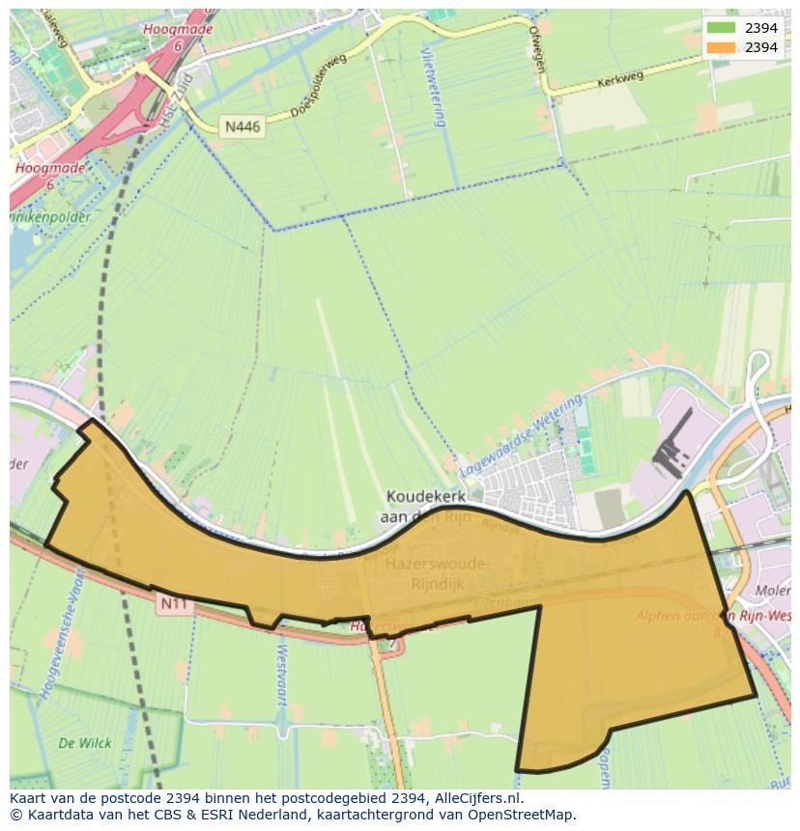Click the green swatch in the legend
[x=721, y=28]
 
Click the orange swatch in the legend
[x=721, y=47]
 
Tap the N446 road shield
[x=243, y=126]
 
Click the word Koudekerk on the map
[x=425, y=496]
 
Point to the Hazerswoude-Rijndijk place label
[x=438, y=571]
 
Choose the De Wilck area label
[x=85, y=743]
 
